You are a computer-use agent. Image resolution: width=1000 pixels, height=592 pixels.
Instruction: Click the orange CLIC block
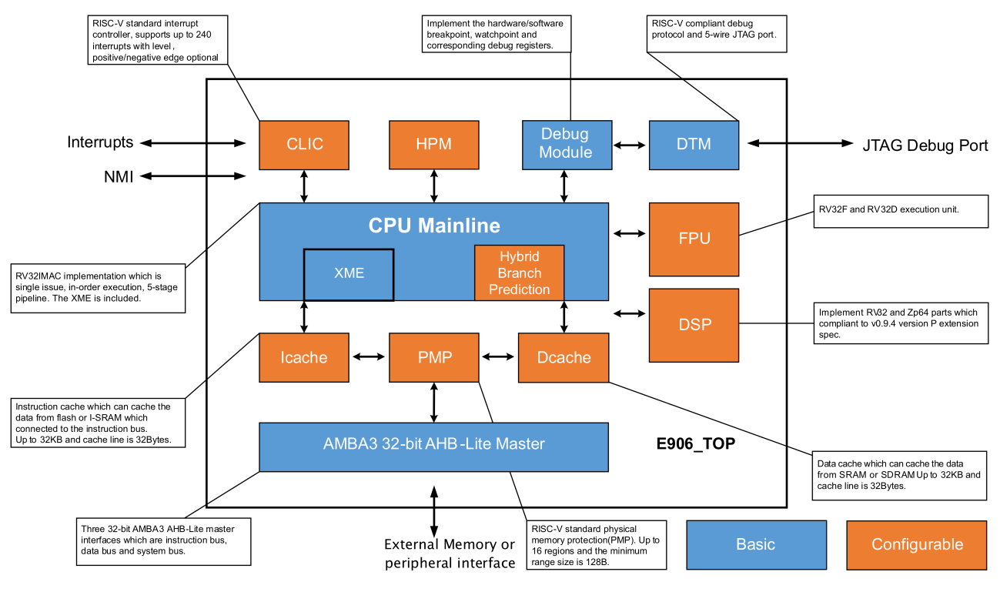304,144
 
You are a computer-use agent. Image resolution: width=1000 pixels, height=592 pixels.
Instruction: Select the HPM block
434,144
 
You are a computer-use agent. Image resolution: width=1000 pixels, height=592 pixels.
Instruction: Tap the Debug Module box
567,144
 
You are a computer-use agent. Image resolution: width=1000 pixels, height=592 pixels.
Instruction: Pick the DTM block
694,144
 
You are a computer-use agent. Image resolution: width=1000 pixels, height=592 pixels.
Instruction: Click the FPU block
694,239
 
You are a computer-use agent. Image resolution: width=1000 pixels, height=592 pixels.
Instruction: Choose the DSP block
694,324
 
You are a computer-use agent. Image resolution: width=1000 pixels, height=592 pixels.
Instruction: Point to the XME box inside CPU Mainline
349,273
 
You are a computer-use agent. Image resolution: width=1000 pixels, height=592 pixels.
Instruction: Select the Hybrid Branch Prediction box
520,273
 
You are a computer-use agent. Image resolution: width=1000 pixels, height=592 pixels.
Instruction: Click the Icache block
304,357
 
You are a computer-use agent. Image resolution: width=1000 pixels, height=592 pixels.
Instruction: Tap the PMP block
434,357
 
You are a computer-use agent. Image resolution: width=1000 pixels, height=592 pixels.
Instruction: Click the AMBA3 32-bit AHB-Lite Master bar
433,444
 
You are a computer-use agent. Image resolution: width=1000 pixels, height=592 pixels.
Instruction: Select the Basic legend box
755,544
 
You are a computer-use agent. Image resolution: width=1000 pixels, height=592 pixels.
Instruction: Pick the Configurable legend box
916,544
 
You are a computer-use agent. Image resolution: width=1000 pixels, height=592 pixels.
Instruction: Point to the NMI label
119,177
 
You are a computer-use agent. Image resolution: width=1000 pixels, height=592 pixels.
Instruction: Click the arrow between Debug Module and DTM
630,144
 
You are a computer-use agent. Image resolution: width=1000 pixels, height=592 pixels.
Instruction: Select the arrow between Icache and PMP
370,356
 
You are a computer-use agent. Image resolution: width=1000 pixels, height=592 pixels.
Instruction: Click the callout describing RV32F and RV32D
900,210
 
